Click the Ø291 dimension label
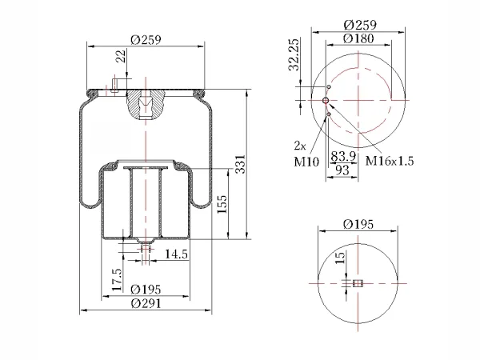146,303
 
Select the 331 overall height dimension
240,164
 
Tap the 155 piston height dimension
222,204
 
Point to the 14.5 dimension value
176,254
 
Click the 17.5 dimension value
117,280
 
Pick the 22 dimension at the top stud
122,56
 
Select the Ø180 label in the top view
358,38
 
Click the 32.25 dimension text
294,54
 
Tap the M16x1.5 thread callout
390,161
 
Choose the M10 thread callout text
306,162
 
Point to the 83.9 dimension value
343,157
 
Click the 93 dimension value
342,170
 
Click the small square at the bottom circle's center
358,283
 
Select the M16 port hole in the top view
326,101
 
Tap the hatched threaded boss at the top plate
146,104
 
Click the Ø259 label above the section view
146,40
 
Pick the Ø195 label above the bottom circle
358,224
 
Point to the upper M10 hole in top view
329,87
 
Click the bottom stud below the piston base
146,247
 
